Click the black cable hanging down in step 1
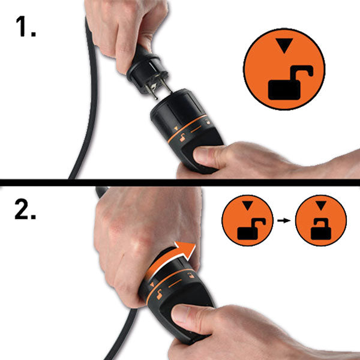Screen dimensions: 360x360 pos(84,120)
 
